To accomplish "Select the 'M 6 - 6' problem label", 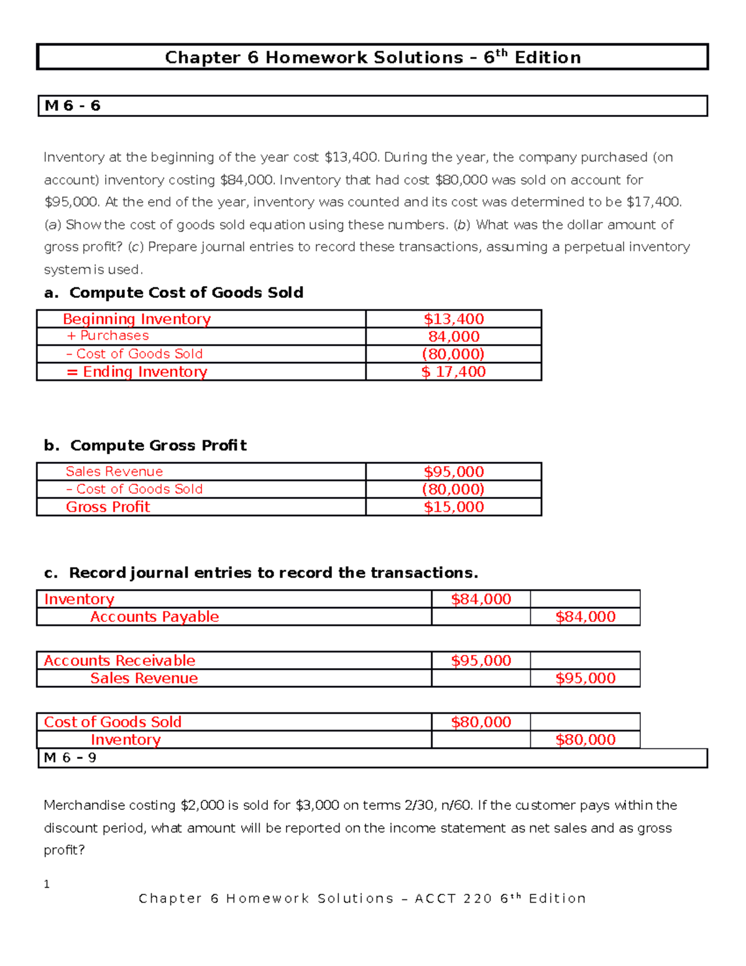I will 73,106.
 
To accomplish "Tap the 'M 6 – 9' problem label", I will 70,758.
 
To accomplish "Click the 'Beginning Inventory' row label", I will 137,319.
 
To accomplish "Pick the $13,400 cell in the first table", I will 454,319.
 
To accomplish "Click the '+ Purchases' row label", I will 108,336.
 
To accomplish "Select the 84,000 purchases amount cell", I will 454,337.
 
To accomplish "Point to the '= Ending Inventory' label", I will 137,372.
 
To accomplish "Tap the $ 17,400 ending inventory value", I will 454,372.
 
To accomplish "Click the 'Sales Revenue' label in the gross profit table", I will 114,471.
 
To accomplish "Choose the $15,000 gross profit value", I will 454,507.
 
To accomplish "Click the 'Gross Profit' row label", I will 108,507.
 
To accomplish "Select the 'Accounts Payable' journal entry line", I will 154,617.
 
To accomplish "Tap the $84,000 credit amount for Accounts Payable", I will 585,617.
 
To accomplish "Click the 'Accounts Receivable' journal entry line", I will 119,661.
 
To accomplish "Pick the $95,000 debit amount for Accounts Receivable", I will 481,661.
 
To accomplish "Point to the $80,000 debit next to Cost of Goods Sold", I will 481,722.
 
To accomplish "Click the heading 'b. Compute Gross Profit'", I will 145,445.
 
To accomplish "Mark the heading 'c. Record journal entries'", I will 261,573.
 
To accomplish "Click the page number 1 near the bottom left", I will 47,884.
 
